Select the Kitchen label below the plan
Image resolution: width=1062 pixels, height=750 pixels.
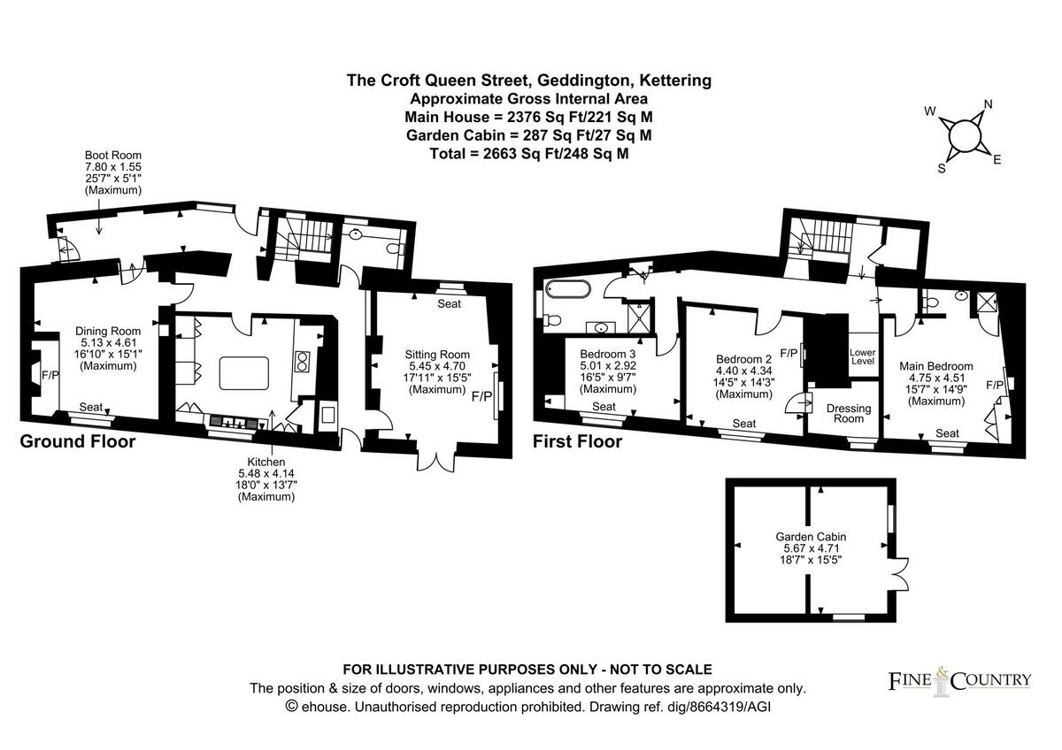click(266, 462)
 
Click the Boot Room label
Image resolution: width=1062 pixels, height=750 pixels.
click(112, 155)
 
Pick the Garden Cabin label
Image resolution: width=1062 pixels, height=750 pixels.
click(811, 536)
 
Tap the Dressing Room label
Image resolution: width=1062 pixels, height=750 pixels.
click(848, 414)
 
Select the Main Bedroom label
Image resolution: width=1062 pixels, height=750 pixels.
click(935, 365)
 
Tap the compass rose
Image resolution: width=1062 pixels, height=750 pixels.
click(962, 137)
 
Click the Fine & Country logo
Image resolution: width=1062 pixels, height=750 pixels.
click(959, 679)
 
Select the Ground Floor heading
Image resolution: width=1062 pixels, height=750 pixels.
click(78, 440)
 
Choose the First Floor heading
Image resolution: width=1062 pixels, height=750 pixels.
click(577, 440)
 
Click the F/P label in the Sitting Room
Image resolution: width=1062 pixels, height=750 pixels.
click(481, 396)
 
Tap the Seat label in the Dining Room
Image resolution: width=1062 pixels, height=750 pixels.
click(91, 406)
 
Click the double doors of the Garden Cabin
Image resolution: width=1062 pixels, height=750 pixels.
click(899, 574)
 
